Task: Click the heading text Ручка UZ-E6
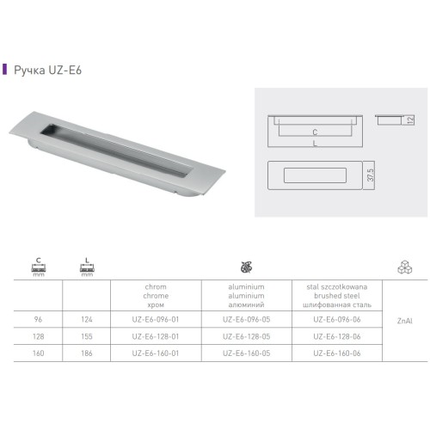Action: [x=48, y=70]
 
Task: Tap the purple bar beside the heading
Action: [x=4, y=69]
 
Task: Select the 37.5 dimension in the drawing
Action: [x=371, y=175]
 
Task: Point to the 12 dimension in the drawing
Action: [x=410, y=120]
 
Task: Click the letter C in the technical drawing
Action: [x=315, y=132]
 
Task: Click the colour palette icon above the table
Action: [x=247, y=267]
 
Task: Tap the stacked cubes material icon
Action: [x=405, y=267]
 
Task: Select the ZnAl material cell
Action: [x=405, y=321]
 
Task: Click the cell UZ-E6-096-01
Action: [x=156, y=319]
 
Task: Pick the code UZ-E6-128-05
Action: [x=247, y=336]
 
